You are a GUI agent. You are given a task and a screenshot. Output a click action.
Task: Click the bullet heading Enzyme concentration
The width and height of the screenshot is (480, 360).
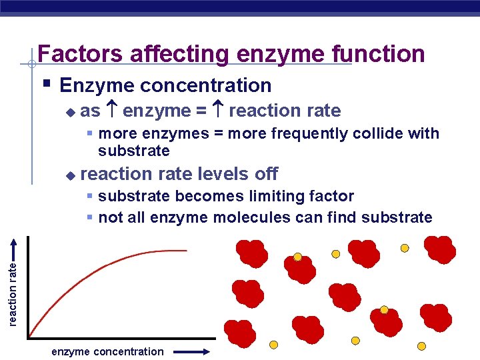[x=165, y=85]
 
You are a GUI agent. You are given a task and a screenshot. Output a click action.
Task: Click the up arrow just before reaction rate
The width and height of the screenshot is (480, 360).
[x=217, y=111]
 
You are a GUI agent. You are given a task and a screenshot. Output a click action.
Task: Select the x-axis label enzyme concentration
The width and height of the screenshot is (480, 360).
[x=107, y=351]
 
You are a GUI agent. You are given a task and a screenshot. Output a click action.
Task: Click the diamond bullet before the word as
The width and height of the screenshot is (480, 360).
[x=71, y=112]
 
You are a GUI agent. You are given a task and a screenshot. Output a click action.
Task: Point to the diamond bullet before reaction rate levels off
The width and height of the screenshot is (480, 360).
[x=71, y=175]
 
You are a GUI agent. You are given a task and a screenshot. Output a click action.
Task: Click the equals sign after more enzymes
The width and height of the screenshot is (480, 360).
[x=218, y=133]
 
